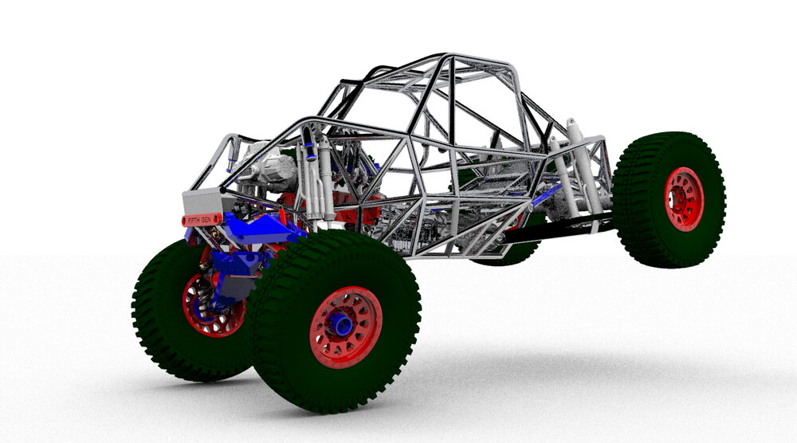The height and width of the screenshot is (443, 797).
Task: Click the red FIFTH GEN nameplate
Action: (202, 219)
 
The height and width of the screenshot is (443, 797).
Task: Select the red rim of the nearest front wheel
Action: (346, 327)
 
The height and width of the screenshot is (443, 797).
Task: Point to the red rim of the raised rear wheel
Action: (684, 199)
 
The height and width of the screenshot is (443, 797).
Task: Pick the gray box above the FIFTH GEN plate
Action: (202, 202)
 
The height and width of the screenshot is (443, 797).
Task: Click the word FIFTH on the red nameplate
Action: (194, 221)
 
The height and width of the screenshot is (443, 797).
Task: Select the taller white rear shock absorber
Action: (582, 167)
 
